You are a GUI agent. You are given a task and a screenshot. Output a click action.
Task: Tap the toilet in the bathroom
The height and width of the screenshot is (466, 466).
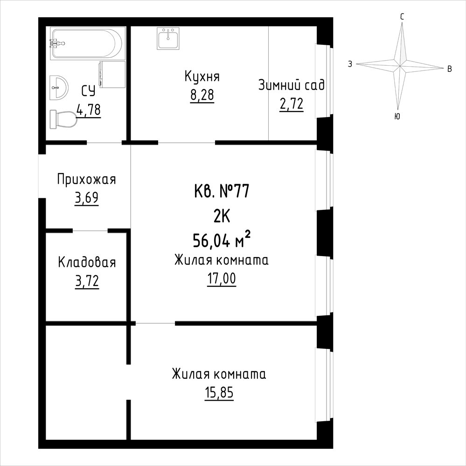coord(63,119)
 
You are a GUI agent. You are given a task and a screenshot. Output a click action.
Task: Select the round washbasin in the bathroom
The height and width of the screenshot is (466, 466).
coord(59,88)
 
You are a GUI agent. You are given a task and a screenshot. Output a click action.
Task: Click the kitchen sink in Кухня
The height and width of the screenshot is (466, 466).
coord(168,39)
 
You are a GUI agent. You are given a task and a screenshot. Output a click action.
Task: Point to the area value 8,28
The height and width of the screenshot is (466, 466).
coord(202,95)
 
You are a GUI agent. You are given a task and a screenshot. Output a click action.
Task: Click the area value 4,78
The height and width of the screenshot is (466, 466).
coord(89,110)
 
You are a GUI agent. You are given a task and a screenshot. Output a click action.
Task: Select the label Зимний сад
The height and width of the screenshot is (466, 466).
coord(292,85)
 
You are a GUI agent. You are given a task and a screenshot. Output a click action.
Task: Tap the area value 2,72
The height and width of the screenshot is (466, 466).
coord(292,104)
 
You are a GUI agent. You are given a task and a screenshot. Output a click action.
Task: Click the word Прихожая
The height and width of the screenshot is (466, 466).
coord(86,180)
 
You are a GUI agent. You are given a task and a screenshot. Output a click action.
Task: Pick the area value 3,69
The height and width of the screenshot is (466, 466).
coord(86,198)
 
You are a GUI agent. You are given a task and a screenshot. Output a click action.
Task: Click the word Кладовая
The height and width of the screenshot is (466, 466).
coord(87,263)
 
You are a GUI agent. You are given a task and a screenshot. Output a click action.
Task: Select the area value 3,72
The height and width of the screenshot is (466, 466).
coord(87,281)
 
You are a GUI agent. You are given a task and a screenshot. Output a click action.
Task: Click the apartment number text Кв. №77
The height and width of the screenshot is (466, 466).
coord(222,191)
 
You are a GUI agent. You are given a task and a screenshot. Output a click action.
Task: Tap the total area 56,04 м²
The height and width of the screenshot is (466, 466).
coord(222,239)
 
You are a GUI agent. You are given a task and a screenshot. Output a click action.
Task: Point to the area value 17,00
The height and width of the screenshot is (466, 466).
coord(222,279)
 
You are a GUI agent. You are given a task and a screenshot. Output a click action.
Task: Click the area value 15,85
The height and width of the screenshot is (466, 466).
coord(219,393)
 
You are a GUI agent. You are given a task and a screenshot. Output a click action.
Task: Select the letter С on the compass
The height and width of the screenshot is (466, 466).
coord(402,17)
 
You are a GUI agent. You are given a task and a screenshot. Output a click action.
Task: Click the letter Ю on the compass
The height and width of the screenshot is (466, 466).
coord(397,117)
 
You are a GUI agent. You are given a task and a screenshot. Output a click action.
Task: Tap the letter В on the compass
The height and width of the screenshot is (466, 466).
coord(450,69)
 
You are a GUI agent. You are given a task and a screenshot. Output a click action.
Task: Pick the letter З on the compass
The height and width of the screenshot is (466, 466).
coord(350,64)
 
